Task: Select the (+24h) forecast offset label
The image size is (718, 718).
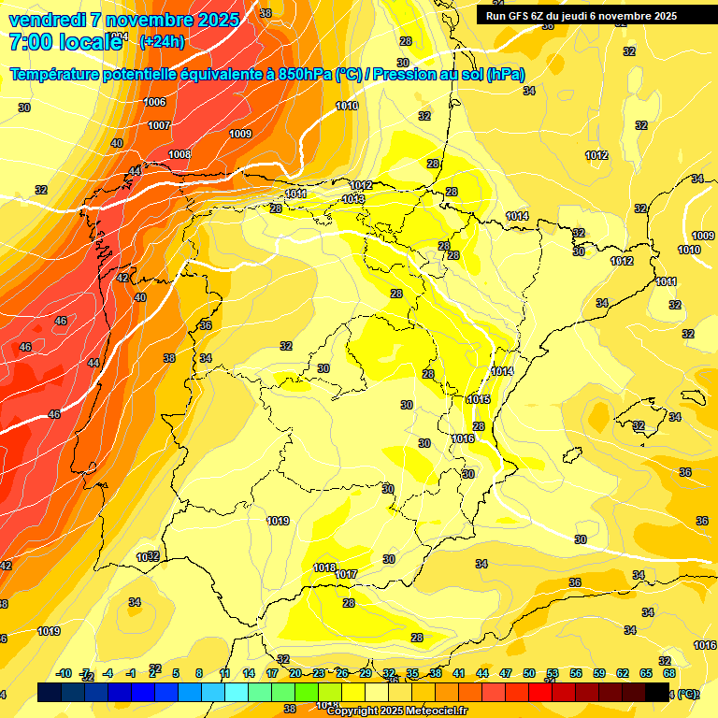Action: (162, 41)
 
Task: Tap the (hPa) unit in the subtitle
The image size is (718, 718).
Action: (505, 75)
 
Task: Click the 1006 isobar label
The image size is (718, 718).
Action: (155, 102)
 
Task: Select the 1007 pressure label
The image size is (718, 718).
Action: (159, 125)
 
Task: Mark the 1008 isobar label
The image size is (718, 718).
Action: (179, 154)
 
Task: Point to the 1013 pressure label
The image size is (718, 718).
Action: (353, 199)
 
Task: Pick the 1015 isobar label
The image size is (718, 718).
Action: (479, 399)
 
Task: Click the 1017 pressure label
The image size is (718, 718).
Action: (346, 574)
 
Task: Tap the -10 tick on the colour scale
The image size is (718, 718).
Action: (64, 673)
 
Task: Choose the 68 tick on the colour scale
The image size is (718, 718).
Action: (669, 673)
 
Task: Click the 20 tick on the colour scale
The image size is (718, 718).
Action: (294, 673)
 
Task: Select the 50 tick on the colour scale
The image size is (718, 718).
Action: (529, 673)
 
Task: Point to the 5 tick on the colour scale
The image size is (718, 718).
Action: (176, 673)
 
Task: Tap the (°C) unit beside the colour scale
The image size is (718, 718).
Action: (687, 694)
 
